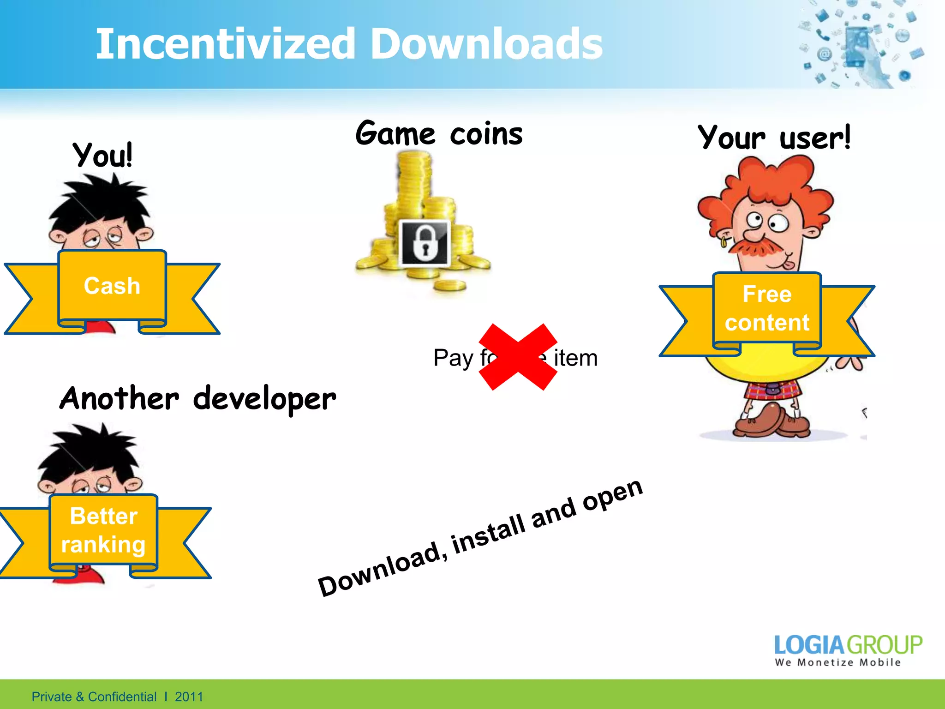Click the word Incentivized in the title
click(x=225, y=44)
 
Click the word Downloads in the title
click(x=486, y=44)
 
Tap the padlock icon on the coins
click(x=424, y=244)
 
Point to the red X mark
click(x=518, y=357)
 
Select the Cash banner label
click(x=112, y=286)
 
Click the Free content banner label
click(x=767, y=308)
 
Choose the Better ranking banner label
click(x=104, y=530)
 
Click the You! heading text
click(x=103, y=155)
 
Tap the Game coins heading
click(x=439, y=134)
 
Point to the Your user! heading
click(x=774, y=138)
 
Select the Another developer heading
click(x=197, y=399)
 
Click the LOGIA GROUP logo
click(x=848, y=644)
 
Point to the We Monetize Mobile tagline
click(x=837, y=662)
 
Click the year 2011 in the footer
click(x=189, y=697)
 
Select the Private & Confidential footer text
click(x=94, y=697)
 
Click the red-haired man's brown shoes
click(x=771, y=421)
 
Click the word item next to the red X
click(x=575, y=358)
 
